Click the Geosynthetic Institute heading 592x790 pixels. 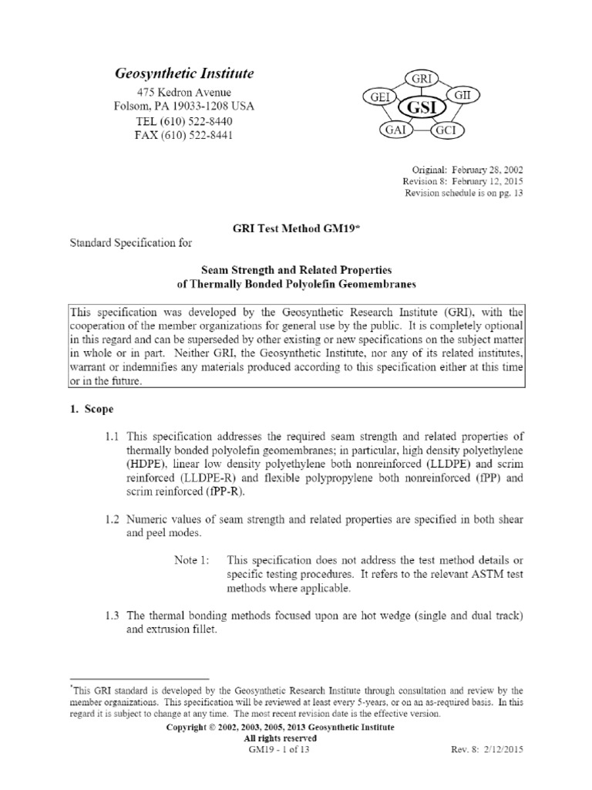pos(183,73)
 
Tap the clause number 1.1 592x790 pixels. pos(113,437)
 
